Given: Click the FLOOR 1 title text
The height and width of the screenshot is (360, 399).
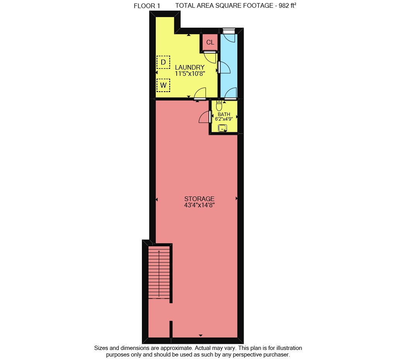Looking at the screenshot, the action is (147, 6).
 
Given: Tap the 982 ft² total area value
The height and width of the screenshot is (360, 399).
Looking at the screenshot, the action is (287, 5).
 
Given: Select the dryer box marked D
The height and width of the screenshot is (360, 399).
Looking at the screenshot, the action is (164, 62).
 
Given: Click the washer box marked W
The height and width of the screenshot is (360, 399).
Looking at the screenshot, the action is (164, 85).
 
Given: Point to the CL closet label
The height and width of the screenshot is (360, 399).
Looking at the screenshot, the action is (210, 42).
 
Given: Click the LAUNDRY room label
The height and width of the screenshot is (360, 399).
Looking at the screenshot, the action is (190, 67).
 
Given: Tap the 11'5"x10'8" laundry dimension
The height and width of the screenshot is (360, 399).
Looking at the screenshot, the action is (190, 74).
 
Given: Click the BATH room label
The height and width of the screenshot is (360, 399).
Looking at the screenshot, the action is (224, 114).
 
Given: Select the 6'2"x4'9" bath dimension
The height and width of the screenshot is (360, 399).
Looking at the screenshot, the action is (224, 119).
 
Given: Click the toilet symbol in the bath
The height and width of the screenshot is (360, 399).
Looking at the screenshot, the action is (219, 106).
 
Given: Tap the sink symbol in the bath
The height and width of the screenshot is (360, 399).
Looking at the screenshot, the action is (222, 128).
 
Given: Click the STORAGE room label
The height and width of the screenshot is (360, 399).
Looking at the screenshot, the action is (199, 199).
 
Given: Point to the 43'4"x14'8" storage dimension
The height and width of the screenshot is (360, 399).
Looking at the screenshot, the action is (199, 205).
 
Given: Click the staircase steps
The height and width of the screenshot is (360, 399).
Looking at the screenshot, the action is (159, 272).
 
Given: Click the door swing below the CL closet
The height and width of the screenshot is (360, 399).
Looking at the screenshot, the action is (210, 57).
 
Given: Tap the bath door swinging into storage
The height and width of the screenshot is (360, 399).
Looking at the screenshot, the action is (205, 117).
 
